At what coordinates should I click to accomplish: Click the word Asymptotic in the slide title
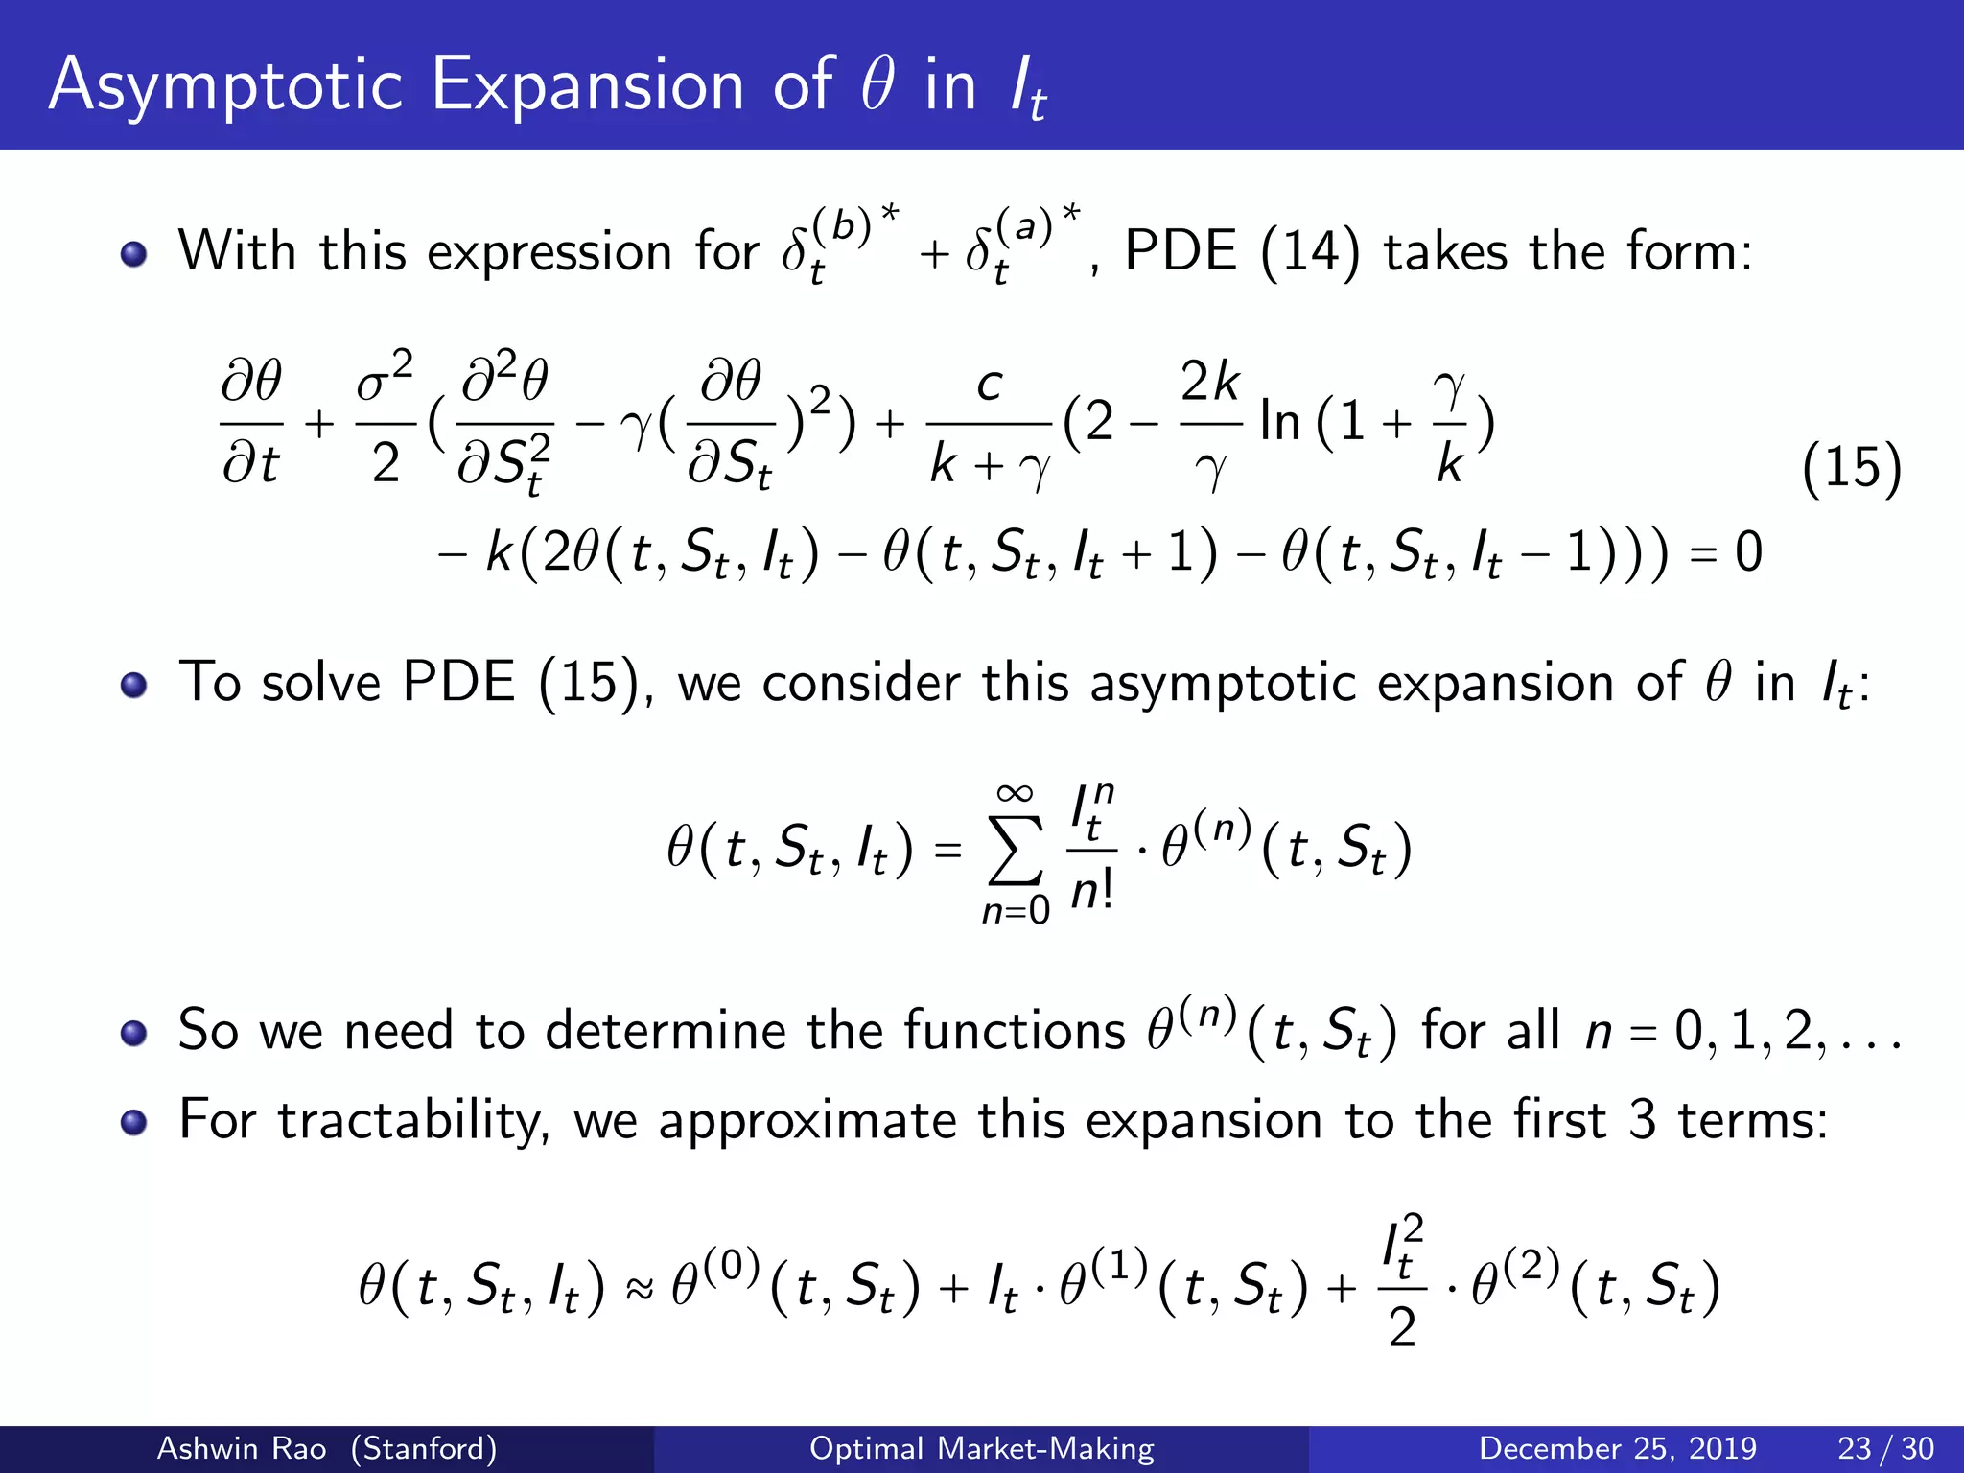tap(225, 86)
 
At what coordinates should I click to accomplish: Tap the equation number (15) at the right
tap(1851, 469)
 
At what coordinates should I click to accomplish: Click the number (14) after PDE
tap(1310, 252)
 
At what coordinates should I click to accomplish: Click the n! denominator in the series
tap(1091, 892)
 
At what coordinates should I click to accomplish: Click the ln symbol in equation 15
tap(1280, 422)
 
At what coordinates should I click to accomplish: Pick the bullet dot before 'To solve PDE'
tap(134, 685)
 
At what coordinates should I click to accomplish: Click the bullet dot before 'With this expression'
tap(134, 254)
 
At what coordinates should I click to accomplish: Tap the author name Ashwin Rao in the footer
tap(241, 1448)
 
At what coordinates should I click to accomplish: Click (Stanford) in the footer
tap(424, 1448)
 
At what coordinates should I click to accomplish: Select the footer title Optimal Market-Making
tap(982, 1448)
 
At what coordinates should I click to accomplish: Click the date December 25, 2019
tap(1617, 1448)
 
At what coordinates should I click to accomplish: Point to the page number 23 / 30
tap(1885, 1448)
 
